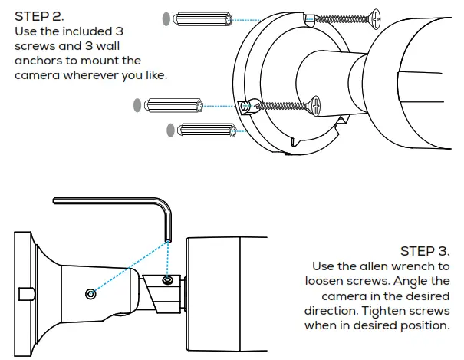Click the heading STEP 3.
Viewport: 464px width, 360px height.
click(x=425, y=251)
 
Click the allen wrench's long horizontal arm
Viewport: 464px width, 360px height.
click(x=107, y=202)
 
